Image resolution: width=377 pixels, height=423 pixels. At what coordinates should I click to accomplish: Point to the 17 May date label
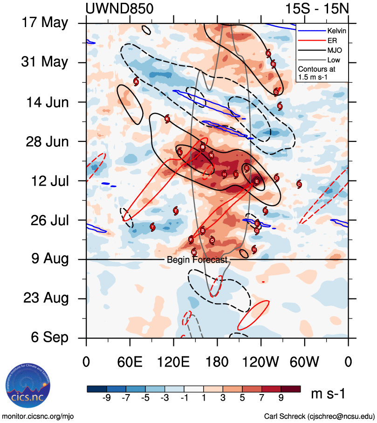tap(44, 22)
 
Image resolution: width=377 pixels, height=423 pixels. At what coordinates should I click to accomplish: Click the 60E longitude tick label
tap(130, 362)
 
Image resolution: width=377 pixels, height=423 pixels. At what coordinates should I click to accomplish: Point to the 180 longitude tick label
tap(217, 362)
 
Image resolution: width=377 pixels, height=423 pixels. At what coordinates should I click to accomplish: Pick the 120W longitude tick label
tap(260, 362)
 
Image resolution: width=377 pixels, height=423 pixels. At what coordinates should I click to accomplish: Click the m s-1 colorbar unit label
tap(328, 394)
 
